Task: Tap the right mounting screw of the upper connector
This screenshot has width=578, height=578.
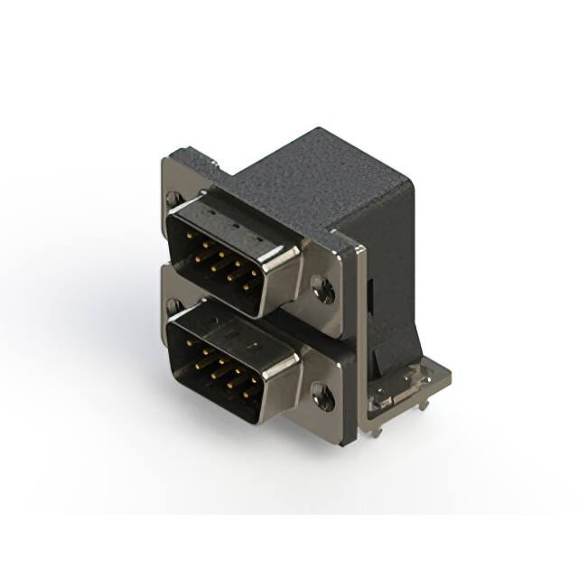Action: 323,288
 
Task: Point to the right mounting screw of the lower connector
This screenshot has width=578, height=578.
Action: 322,393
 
